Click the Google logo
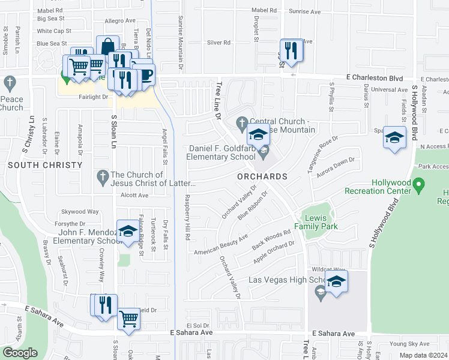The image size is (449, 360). point(20,352)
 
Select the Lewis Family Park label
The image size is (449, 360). point(321,222)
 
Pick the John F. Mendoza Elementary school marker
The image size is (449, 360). point(127,232)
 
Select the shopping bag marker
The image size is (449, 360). point(107,47)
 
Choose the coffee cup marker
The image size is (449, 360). point(145,74)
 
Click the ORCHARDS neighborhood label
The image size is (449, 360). point(262,177)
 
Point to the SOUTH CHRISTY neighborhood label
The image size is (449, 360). point(45,165)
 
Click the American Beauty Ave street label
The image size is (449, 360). point(220,245)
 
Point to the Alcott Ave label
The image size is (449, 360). point(134,196)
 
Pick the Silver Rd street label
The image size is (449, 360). point(218,43)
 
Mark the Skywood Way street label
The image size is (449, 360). point(80,212)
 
